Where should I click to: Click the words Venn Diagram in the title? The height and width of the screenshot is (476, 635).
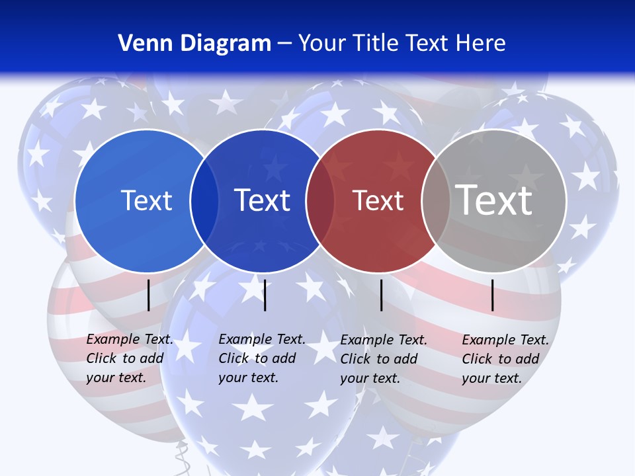194,44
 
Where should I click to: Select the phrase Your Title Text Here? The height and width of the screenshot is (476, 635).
402,44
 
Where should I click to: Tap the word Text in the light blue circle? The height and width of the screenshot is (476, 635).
146,200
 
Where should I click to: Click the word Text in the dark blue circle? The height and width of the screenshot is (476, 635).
262,200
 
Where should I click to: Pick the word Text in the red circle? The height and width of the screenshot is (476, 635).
378,200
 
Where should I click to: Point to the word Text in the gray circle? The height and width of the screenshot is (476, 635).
493,200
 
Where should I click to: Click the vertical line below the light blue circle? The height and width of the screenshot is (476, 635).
149,295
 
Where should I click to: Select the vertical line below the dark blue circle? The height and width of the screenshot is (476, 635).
265,295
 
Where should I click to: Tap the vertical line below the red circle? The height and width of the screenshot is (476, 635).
382,295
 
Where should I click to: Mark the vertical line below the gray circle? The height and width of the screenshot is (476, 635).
493,295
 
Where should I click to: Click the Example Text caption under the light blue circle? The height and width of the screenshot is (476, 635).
130,358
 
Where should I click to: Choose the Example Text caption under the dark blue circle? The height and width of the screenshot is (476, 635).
262,358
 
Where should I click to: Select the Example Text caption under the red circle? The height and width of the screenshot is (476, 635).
384,359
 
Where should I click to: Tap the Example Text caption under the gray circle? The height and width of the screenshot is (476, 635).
505,359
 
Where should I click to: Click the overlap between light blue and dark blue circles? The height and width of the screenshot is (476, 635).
204,201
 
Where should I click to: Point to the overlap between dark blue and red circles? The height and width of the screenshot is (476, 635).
320,201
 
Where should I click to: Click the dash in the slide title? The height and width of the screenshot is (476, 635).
284,44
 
